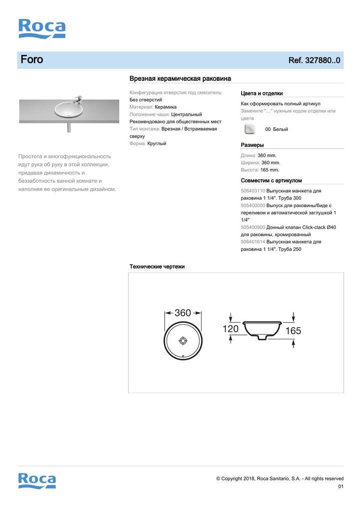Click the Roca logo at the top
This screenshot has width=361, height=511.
coord(42,28)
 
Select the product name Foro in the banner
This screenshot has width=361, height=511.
coord(32,60)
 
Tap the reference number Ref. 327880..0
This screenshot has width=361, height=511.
coord(314,60)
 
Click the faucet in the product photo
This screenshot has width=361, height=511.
coord(77,98)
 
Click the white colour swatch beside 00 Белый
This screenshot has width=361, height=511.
coord(250,129)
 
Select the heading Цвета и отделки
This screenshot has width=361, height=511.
coord(262,93)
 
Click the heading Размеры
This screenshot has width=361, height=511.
coord(252,145)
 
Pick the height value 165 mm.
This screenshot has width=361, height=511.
coord(270,170)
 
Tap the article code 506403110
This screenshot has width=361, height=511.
coord(253,191)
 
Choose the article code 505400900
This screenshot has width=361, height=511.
coord(253,227)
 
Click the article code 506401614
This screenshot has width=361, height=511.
coord(253,242)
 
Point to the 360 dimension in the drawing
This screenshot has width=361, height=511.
coord(183,313)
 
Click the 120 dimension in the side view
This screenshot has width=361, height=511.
coord(230,329)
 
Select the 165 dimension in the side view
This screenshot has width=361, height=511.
coord(294,330)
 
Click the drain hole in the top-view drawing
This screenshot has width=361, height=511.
coord(183,341)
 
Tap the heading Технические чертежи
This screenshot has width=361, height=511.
coord(157,266)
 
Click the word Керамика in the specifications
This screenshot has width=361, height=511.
coord(165,107)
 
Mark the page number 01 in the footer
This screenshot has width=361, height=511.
coord(341,487)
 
